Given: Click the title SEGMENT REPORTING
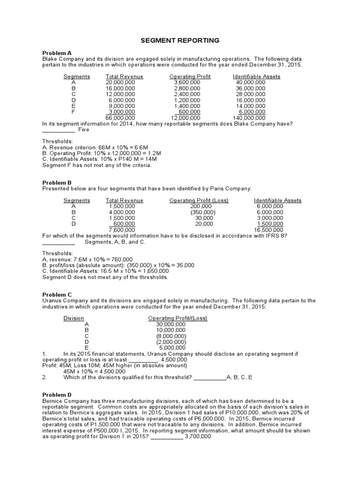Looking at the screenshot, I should coord(180,41).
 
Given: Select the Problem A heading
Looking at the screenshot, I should coord(57,53).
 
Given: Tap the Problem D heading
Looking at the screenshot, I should coord(57,395).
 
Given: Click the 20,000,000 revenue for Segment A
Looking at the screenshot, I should coord(120,82).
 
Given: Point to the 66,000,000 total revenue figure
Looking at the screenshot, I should coord(120,118).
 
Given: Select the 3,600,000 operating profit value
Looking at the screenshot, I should coord(187,82).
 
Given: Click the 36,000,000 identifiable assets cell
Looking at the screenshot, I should coord(250,88).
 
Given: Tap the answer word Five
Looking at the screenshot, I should coord(83,129).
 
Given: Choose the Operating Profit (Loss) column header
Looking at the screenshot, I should coord(199,201).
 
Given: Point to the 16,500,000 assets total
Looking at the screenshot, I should coord(269,230).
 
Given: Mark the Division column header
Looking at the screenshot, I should coord(74,318).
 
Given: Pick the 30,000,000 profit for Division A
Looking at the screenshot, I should coord(171,324).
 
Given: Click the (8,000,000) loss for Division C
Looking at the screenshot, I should coord(171,336).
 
